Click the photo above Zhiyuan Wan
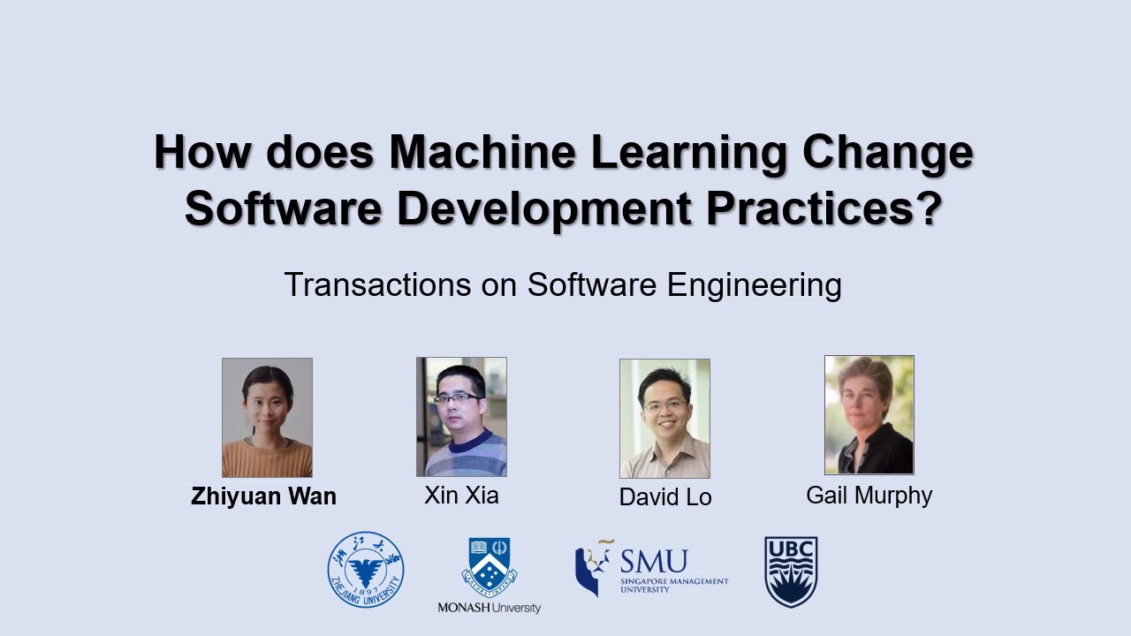[x=267, y=417]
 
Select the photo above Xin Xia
[x=461, y=416]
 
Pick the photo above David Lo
[x=664, y=418]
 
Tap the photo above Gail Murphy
[x=869, y=414]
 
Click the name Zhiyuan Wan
[x=263, y=496]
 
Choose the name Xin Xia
[x=461, y=496]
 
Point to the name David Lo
[x=665, y=497]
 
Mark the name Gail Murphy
[x=869, y=496]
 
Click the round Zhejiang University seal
[x=366, y=569]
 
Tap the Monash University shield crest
[x=489, y=566]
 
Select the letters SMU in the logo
[x=653, y=561]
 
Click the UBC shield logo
[x=791, y=572]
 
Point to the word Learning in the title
[x=688, y=153]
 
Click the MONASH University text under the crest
[x=489, y=608]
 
